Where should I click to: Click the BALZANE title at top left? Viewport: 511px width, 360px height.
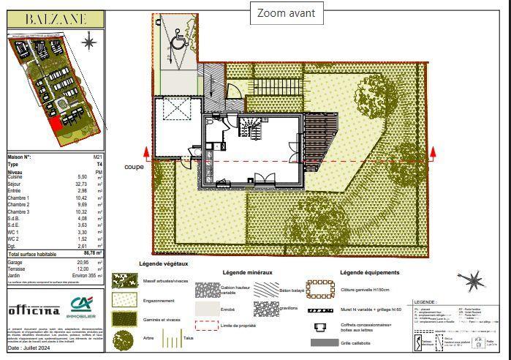point(56,20)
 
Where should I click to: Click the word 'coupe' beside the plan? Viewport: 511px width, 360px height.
point(134,166)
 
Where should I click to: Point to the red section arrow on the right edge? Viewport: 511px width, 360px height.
point(434,153)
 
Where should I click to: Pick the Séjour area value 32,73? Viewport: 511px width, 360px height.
point(83,184)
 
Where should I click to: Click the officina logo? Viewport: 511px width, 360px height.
point(34,310)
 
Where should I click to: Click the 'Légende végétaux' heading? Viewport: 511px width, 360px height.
point(164,263)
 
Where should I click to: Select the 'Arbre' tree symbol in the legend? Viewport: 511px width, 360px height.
point(123,340)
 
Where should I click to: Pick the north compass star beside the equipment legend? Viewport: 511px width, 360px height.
point(474,279)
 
